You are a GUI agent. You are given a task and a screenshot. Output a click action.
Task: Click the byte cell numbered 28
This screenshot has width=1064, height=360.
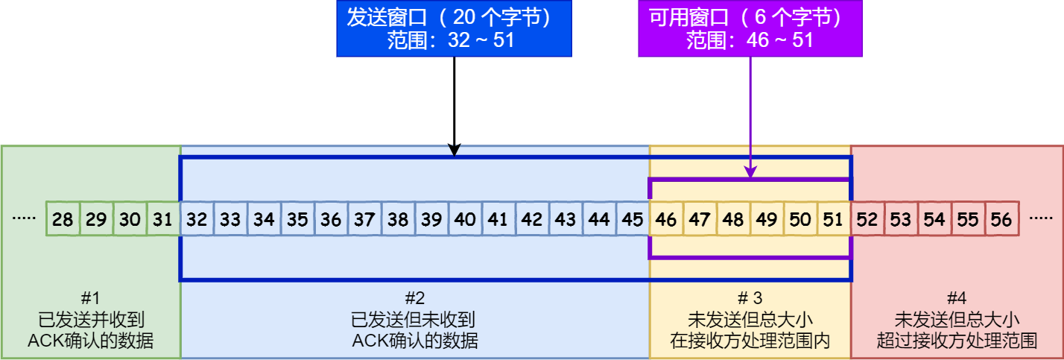[x=63, y=219]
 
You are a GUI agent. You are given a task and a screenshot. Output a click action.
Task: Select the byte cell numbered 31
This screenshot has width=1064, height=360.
[x=163, y=219]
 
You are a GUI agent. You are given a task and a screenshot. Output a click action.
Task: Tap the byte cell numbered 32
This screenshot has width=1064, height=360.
[x=197, y=219]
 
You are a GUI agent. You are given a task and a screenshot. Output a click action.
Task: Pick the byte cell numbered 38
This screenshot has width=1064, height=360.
[x=398, y=219]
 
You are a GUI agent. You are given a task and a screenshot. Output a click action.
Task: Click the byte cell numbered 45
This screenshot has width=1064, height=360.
[x=633, y=219]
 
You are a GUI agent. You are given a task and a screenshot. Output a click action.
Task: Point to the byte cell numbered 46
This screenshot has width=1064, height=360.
[x=667, y=219]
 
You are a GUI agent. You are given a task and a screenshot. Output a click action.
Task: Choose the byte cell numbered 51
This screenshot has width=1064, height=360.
[x=835, y=219]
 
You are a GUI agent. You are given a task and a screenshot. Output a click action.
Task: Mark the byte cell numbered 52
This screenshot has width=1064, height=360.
[x=868, y=219]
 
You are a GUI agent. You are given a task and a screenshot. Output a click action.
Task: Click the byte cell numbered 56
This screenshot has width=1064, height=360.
[x=1002, y=219]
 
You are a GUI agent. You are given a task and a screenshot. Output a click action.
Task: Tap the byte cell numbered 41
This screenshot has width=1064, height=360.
[x=498, y=219]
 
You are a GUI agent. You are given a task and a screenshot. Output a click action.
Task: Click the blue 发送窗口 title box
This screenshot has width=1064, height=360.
[x=454, y=29]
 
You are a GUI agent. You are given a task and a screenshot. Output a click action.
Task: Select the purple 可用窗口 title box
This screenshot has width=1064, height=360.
[x=750, y=29]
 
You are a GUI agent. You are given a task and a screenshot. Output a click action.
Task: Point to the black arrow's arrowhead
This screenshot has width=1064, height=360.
[x=455, y=151]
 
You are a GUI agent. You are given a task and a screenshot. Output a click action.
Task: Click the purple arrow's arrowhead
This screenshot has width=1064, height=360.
[x=750, y=172]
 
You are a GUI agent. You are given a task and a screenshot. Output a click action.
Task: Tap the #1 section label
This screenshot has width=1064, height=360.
[x=91, y=299]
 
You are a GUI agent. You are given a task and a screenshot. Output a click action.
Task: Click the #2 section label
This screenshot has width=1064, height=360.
[x=414, y=299]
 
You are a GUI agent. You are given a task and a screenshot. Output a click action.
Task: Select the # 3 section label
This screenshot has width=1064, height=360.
[x=750, y=299]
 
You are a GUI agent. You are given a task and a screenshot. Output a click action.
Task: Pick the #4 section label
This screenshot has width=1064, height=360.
[x=957, y=299]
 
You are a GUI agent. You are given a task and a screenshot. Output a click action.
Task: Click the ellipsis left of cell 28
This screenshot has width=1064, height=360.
[x=25, y=219]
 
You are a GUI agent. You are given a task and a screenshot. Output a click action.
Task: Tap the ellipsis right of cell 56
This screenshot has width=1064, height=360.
[x=1040, y=219]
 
